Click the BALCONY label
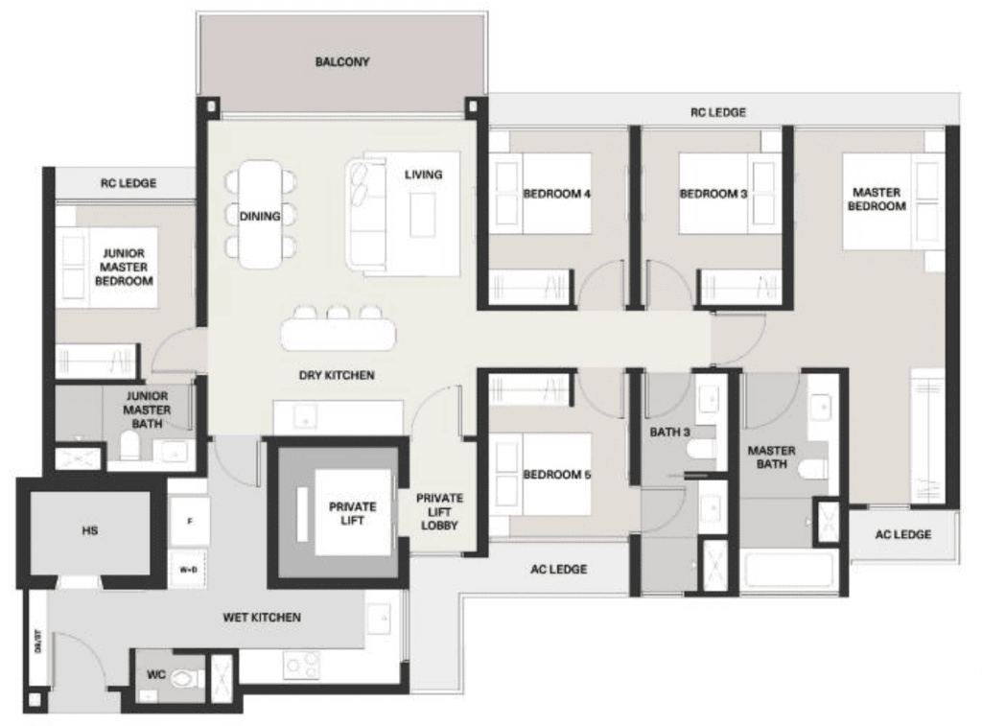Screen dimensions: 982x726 pyautogui.click(x=342, y=62)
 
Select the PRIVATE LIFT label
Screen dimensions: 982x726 pyautogui.click(x=353, y=513)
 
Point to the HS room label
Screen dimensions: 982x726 pyautogui.click(x=89, y=530)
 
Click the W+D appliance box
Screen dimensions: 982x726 pyautogui.click(x=189, y=570)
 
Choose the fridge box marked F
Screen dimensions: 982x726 pyautogui.click(x=189, y=521)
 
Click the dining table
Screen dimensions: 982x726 pyautogui.click(x=261, y=215)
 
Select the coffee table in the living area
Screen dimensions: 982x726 pyautogui.click(x=423, y=214)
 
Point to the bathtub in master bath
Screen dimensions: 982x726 pyautogui.click(x=790, y=570)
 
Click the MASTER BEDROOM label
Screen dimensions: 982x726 pyautogui.click(x=877, y=199)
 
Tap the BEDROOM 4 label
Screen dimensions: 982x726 pyautogui.click(x=557, y=194)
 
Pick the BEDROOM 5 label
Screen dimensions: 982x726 pyautogui.click(x=557, y=475)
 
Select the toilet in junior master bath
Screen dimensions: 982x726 pyautogui.click(x=130, y=447)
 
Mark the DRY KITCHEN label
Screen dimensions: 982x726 pyautogui.click(x=337, y=375)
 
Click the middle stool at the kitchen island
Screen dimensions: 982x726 pyautogui.click(x=339, y=314)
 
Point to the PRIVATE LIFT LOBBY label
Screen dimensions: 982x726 pyautogui.click(x=439, y=512)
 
